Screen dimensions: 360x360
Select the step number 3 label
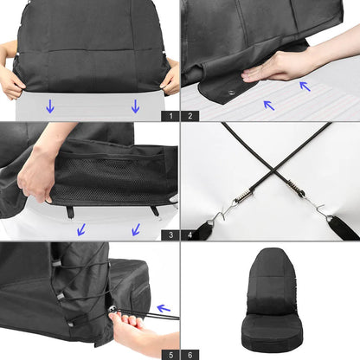pos(171,234)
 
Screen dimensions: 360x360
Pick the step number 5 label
pos(171,353)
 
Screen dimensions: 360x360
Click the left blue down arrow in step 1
pos(49,106)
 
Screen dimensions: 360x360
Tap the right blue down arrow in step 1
pos(135,106)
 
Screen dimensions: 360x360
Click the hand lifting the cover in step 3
pos(39,173)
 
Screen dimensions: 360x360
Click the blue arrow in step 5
pos(163,307)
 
